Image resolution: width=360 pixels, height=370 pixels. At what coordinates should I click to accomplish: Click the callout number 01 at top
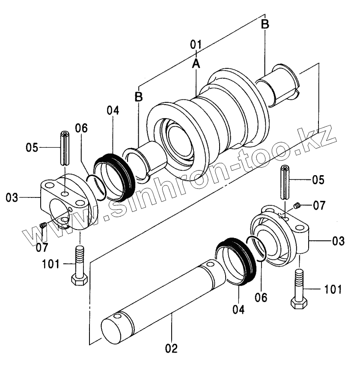196,45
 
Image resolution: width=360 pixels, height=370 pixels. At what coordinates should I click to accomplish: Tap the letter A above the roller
196,63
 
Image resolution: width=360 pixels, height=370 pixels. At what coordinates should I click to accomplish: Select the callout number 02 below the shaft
172,348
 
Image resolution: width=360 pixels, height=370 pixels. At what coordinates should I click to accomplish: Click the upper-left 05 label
32,148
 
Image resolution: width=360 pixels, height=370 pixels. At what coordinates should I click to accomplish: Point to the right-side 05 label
318,179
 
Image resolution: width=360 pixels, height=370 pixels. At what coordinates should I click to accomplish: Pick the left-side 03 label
12,197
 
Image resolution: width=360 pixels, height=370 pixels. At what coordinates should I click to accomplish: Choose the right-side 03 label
339,241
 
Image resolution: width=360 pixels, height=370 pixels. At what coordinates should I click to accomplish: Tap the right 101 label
333,289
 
